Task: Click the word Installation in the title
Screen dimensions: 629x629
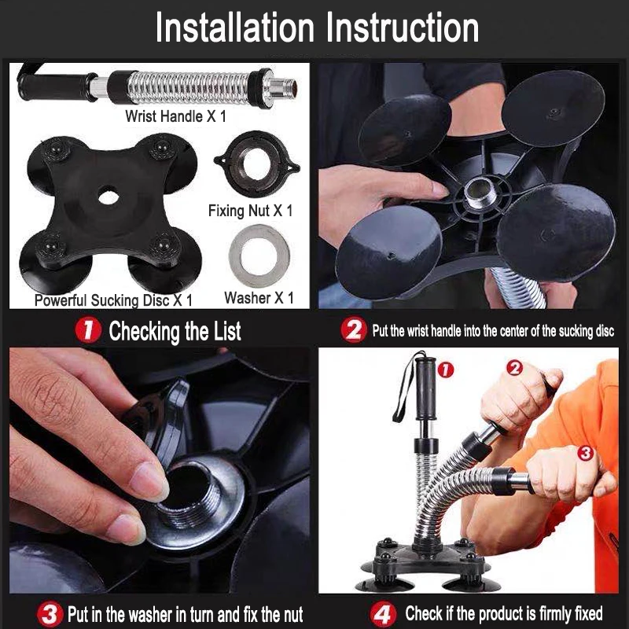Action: [235, 28]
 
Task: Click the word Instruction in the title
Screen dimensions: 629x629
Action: [403, 28]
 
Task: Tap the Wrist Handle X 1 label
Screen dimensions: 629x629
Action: [175, 116]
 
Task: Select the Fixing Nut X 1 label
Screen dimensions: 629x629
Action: [250, 211]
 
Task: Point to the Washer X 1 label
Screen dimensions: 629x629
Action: [259, 298]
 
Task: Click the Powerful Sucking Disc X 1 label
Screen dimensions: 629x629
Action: [113, 300]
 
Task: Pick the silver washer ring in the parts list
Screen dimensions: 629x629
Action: [259, 256]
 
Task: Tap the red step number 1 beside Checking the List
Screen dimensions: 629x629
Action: [88, 329]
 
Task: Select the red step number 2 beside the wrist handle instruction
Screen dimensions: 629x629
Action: [353, 329]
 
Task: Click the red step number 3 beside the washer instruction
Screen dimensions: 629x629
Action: [50, 614]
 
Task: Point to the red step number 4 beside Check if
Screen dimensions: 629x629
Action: [383, 614]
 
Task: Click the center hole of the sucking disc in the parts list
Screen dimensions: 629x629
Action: [109, 197]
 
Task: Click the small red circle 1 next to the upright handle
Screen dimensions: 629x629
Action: [445, 370]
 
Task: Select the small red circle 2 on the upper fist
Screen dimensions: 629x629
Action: [515, 368]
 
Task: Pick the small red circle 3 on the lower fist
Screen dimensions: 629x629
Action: [585, 454]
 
